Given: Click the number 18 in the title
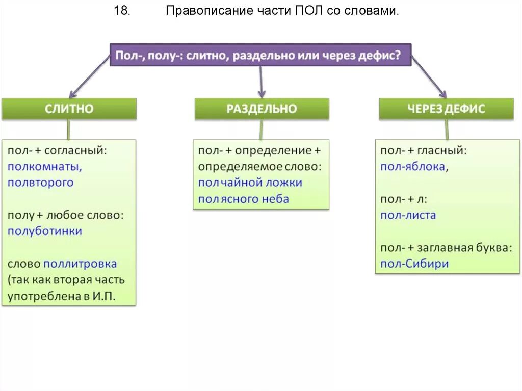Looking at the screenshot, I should click(x=122, y=11).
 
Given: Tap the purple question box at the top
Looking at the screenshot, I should click(x=260, y=55).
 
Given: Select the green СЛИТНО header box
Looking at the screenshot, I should click(x=69, y=109).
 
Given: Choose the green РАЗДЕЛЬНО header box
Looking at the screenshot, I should click(x=262, y=109).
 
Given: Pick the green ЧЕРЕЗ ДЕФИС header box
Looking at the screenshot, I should click(x=446, y=109).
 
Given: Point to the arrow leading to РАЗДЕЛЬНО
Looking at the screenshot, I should click(x=260, y=82).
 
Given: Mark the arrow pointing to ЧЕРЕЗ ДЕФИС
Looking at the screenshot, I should click(x=430, y=77).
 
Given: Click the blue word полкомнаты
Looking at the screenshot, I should click(x=45, y=166).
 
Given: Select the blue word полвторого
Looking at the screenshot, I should click(x=41, y=183).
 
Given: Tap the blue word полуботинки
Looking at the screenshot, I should click(x=45, y=231).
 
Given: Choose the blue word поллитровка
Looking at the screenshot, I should click(x=80, y=264).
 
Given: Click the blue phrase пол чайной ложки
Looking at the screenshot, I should click(x=250, y=183).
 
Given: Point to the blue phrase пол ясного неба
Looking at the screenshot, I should click(x=243, y=199).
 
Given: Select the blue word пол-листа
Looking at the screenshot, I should click(x=408, y=215).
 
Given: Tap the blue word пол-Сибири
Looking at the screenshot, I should click(x=414, y=264).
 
